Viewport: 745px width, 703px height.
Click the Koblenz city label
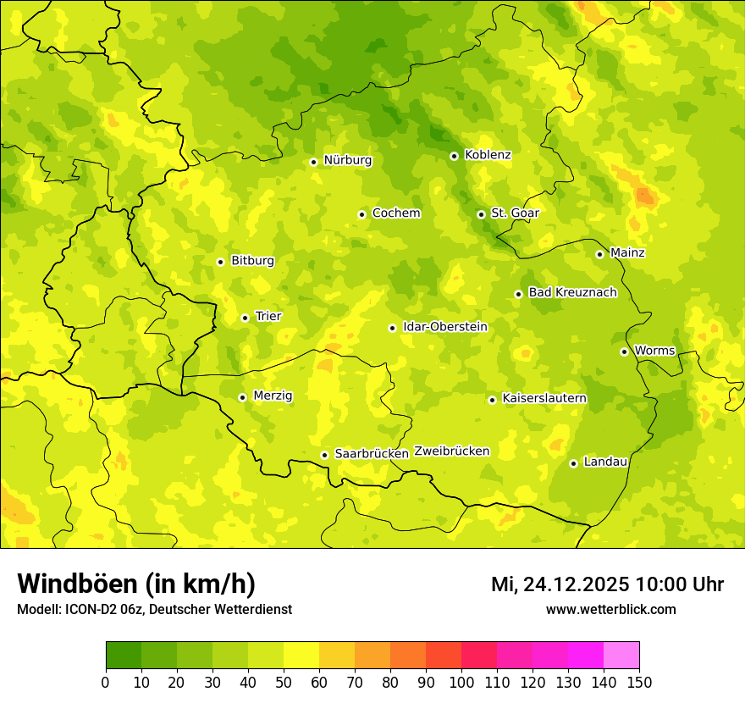click(488, 155)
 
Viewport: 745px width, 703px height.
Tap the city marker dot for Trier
click(245, 318)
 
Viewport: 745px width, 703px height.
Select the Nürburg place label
click(347, 160)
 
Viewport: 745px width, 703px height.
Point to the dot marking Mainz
click(599, 254)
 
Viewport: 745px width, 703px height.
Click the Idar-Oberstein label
click(445, 327)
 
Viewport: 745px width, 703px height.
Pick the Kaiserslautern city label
click(544, 398)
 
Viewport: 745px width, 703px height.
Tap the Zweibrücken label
click(452, 451)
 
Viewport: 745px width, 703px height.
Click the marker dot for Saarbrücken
click(324, 455)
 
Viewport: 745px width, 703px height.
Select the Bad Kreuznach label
click(572, 292)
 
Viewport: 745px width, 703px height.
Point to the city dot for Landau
click(573, 463)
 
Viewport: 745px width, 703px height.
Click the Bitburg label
click(252, 261)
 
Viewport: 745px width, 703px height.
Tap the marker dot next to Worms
click(624, 351)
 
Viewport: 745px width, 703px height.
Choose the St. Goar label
click(515, 213)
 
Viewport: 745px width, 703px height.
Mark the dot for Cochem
click(361, 214)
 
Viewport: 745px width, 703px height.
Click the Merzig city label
click(273, 396)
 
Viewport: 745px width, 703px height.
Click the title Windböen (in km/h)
click(136, 584)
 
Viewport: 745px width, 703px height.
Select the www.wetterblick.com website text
click(610, 609)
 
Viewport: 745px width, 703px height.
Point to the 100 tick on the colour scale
click(461, 681)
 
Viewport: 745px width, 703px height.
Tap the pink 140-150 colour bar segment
click(621, 655)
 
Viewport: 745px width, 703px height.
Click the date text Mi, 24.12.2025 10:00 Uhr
click(607, 584)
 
